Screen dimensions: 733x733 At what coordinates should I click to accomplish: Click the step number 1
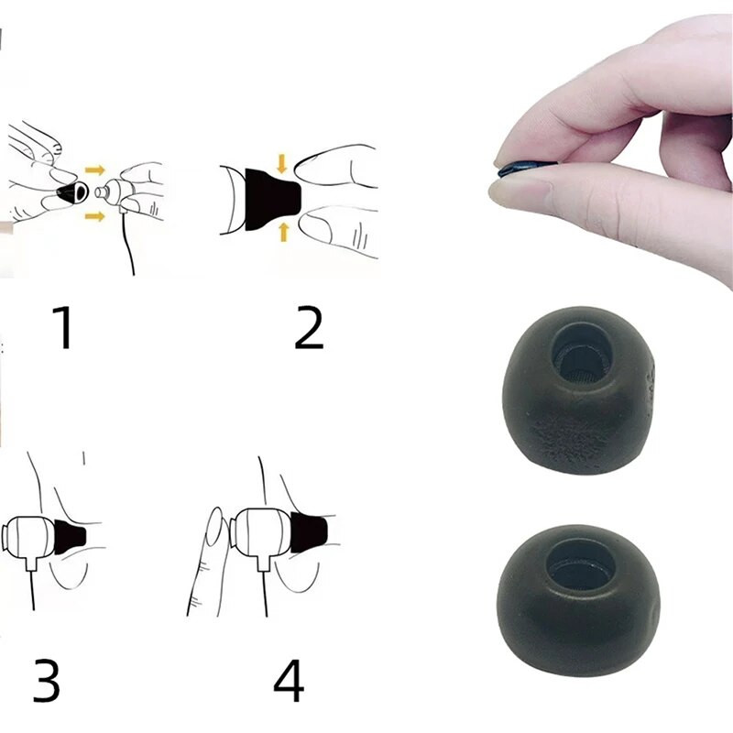pos(63,327)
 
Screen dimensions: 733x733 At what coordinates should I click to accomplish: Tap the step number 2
pos(309,328)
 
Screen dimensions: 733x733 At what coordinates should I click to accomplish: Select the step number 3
pos(47,680)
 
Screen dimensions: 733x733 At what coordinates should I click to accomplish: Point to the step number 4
pos(289,680)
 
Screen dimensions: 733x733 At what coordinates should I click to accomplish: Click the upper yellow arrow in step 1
pos(95,170)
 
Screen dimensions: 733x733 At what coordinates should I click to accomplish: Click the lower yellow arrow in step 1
pos(95,216)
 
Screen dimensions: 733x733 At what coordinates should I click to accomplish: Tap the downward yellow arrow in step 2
pos(281,164)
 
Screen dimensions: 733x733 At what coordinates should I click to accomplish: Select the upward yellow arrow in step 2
pos(283,232)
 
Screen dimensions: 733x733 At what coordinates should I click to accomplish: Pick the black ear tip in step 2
pos(271,200)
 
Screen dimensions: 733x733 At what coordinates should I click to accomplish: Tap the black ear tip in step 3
pos(71,536)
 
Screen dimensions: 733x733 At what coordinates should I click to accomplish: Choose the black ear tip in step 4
pos(309,533)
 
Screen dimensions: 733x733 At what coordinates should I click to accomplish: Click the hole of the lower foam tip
pos(578,564)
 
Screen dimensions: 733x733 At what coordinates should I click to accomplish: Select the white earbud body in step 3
pos(29,538)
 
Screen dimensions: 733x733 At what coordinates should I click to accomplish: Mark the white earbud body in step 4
pos(262,533)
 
